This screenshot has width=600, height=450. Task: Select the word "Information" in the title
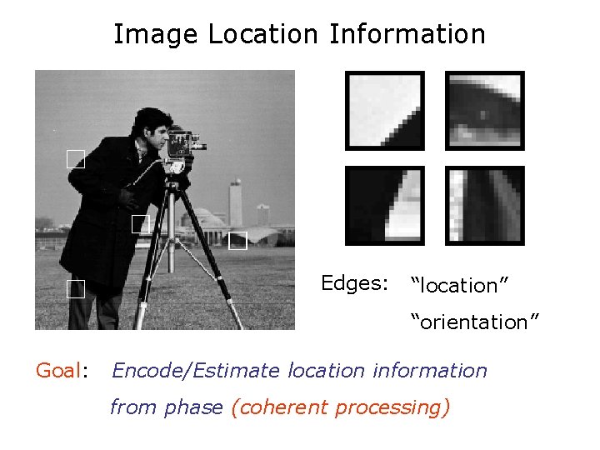(x=407, y=35)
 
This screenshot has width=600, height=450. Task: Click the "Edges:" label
(x=355, y=283)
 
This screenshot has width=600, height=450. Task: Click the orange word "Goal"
(x=58, y=370)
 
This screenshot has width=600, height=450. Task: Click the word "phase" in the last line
(x=193, y=407)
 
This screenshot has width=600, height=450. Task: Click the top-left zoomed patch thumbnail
(x=385, y=111)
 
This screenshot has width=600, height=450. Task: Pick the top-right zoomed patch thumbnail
(x=485, y=111)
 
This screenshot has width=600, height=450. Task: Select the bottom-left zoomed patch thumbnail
(x=385, y=206)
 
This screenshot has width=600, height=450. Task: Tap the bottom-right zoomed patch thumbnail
(x=485, y=206)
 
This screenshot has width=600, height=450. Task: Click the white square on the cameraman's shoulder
(x=76, y=160)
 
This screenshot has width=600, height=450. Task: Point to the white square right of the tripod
(x=238, y=241)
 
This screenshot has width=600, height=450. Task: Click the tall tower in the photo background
(x=236, y=200)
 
